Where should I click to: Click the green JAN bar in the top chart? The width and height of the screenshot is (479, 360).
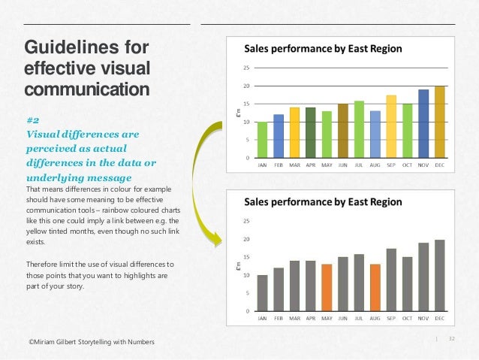point(262,141)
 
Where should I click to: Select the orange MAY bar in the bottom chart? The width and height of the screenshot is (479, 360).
point(327,288)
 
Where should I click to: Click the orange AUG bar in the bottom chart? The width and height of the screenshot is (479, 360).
point(375,288)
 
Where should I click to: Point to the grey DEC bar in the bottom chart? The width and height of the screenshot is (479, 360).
point(439,276)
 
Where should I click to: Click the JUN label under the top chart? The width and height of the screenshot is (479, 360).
point(342,165)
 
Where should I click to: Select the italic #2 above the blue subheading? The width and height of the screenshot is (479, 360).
point(33,120)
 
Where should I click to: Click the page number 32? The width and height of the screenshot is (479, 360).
point(452,339)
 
